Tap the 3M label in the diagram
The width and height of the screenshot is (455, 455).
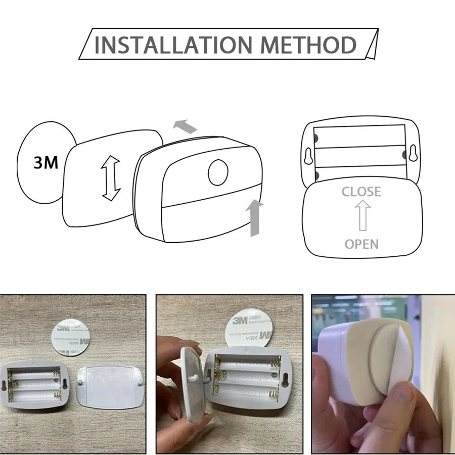point(46,162)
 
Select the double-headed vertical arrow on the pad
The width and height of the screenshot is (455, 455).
point(111,178)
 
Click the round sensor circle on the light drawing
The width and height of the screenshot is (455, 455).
point(218,172)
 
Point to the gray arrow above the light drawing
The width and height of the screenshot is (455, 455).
point(185,126)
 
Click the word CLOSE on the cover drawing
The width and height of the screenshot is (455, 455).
point(361,192)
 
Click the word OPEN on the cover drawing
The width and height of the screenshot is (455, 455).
point(361,244)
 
